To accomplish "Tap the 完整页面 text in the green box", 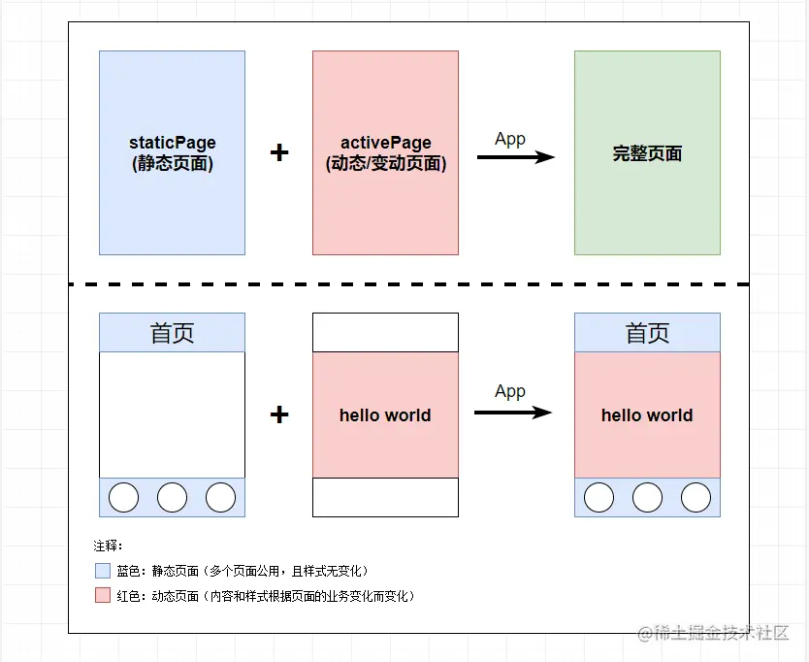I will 647,153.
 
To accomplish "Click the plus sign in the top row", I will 279,152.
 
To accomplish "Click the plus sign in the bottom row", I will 279,414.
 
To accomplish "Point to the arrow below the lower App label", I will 512,413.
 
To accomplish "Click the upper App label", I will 509,139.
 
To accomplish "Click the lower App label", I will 509,392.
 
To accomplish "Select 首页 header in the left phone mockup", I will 172,333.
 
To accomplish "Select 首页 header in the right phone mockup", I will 647,333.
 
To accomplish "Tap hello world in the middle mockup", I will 385,415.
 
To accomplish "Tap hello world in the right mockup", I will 647,415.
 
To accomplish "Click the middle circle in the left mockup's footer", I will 172,497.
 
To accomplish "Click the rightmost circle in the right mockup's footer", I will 696,497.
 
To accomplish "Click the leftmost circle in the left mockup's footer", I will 123,497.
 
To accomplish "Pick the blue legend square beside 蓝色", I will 102,571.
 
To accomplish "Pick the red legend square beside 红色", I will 102,596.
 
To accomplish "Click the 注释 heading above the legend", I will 108,546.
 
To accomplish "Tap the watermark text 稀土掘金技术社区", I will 723,633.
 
